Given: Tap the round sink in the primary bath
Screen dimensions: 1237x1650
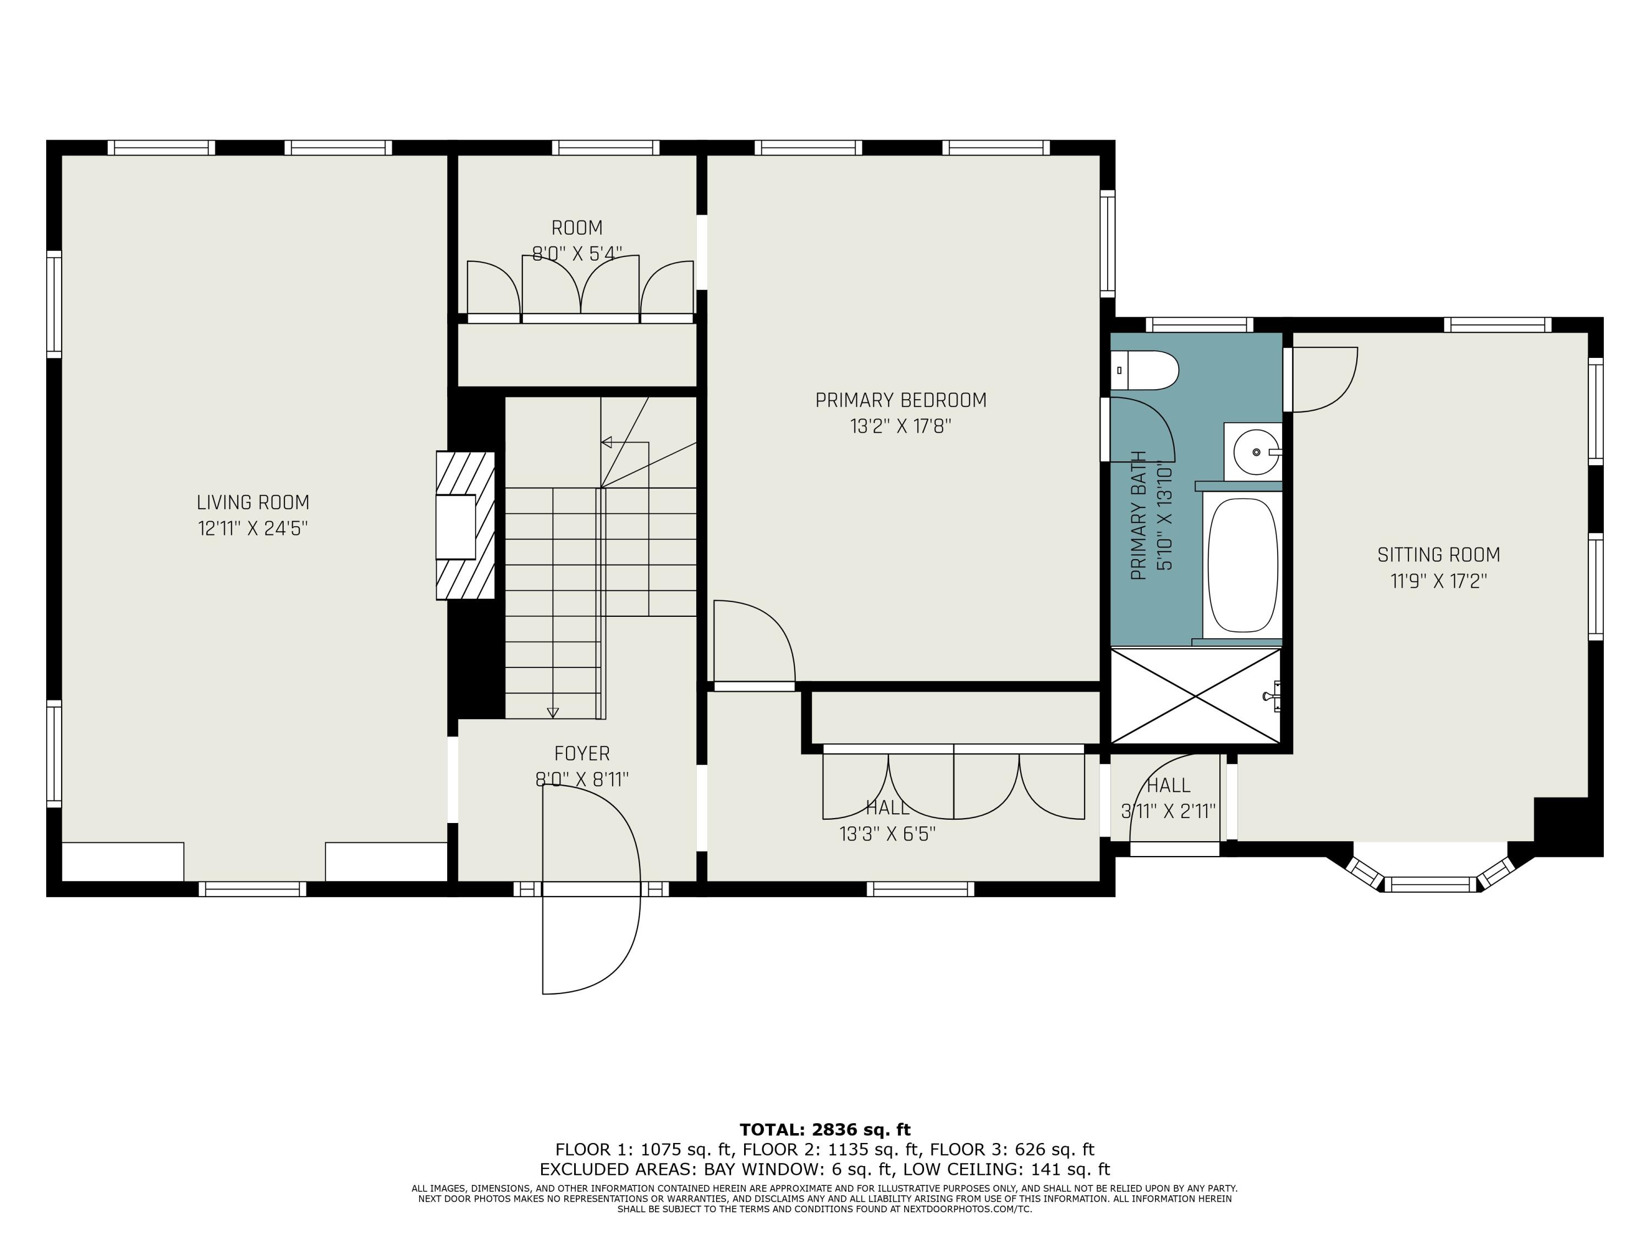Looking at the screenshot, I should pyautogui.click(x=1256, y=452).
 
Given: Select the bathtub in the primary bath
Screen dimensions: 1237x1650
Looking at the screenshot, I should pyautogui.click(x=1242, y=565).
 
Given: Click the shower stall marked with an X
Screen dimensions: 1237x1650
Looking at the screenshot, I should pyautogui.click(x=1196, y=695).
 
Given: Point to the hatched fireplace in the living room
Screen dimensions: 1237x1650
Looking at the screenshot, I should pyautogui.click(x=465, y=525).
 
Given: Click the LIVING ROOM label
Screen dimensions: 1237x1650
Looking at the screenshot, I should pyautogui.click(x=253, y=502).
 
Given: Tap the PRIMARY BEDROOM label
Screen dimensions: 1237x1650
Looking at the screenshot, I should pyautogui.click(x=900, y=400).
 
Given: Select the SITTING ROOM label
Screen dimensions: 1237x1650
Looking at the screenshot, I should pyautogui.click(x=1438, y=555).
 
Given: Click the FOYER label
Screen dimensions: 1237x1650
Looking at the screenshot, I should pyautogui.click(x=582, y=754).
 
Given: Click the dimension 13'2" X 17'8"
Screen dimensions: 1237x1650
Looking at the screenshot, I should pyautogui.click(x=900, y=427).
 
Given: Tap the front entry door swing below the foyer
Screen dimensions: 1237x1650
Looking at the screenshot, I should pyautogui.click(x=589, y=940).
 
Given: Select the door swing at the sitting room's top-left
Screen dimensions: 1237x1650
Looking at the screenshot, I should pyautogui.click(x=1322, y=379).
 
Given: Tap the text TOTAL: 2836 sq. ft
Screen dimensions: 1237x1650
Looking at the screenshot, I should pyautogui.click(x=824, y=1130).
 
